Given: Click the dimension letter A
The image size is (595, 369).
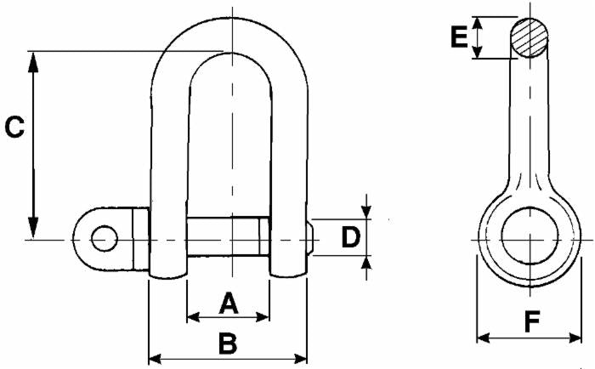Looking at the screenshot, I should coord(227,301).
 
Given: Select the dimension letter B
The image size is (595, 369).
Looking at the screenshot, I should coord(227,343).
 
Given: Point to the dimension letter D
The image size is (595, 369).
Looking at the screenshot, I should coord(350,237).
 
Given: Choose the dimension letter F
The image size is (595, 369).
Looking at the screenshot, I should coord(531,322).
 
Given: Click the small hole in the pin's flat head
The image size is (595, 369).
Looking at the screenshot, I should coord(104,239).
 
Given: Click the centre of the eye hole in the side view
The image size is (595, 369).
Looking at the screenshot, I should coord(529,237).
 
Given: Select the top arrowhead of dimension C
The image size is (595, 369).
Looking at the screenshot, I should coord(34,58).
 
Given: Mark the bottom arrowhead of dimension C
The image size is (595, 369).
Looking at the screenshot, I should coord(34,231).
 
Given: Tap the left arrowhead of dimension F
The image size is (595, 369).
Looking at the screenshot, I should coord(481,338).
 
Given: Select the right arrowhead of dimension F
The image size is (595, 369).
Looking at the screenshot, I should coord(577,338).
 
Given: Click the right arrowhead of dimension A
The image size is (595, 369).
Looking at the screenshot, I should coord(264,316).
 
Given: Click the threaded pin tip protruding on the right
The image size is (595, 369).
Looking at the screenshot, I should coord(312,239).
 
